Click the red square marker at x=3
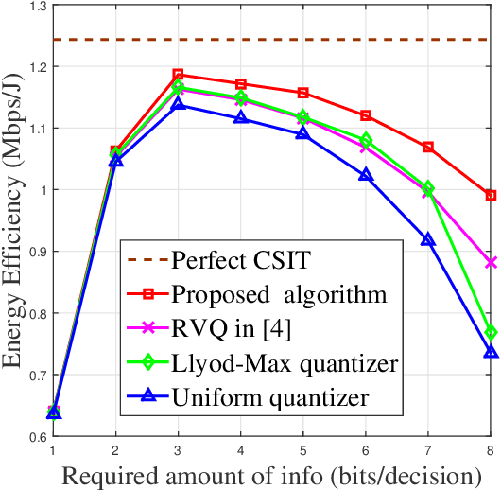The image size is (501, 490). (x=178, y=74)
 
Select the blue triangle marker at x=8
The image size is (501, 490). (x=491, y=351)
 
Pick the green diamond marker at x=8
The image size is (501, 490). (x=491, y=332)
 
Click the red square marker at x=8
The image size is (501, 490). (x=491, y=195)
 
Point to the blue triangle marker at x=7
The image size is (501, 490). (x=428, y=239)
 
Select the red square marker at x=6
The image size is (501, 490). (x=366, y=115)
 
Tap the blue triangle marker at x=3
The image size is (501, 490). (x=178, y=104)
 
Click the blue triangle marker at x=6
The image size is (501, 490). (x=366, y=174)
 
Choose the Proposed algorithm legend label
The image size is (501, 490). (x=279, y=293)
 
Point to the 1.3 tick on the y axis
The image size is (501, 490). (x=35, y=7)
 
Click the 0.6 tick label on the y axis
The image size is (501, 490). (x=35, y=436)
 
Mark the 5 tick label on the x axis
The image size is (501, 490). (x=302, y=451)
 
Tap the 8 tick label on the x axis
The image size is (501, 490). (x=490, y=451)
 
